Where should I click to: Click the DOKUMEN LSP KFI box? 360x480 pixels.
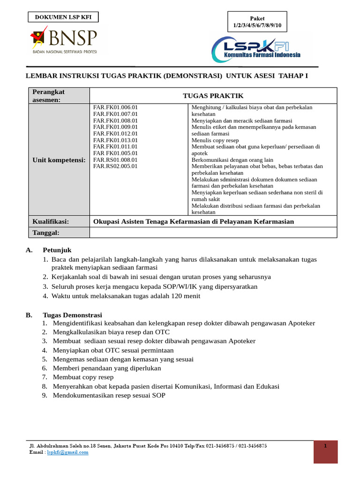(x=63, y=18)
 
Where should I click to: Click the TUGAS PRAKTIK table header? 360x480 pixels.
(x=213, y=96)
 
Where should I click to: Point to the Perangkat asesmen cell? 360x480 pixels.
(x=59, y=96)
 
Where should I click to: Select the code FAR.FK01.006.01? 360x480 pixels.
(x=115, y=107)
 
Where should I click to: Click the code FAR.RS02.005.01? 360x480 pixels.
(x=115, y=166)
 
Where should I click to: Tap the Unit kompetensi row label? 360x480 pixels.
(x=59, y=160)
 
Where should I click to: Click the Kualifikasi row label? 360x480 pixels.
(x=51, y=221)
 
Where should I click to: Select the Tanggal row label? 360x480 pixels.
(x=46, y=232)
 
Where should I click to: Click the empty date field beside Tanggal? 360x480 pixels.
(x=213, y=232)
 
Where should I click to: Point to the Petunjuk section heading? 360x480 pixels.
(x=57, y=250)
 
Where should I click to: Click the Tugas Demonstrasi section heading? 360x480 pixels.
(x=72, y=315)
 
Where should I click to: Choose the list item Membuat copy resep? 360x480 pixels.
(x=83, y=377)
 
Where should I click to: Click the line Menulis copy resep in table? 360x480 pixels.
(x=215, y=140)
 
